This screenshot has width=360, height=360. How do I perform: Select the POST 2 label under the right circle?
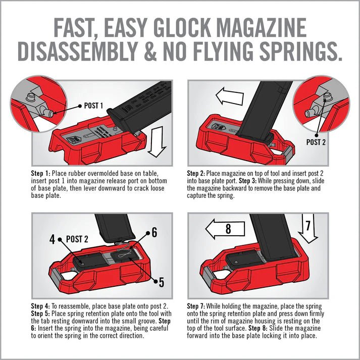tap(316, 142)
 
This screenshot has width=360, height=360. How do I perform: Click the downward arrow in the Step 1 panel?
tap(159, 141)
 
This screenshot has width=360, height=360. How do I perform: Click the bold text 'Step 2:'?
tap(197, 173)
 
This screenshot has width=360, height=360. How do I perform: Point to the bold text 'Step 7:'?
tap(197, 306)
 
